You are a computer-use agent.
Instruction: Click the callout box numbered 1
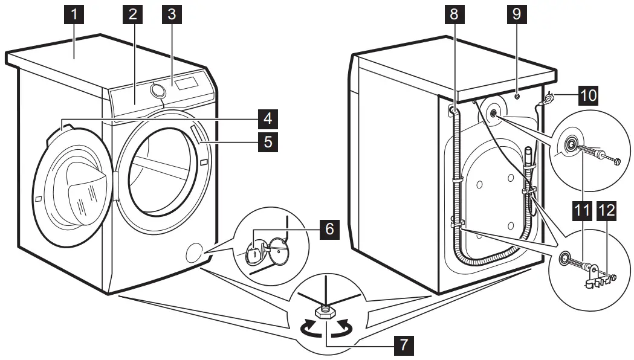pyautogui.click(x=74, y=14)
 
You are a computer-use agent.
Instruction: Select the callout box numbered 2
pyautogui.click(x=132, y=14)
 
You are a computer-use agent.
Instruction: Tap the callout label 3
pyautogui.click(x=172, y=14)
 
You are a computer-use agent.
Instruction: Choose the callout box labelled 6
pyautogui.click(x=328, y=230)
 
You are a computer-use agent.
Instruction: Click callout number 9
pyautogui.click(x=516, y=14)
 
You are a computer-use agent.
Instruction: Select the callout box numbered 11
pyautogui.click(x=583, y=211)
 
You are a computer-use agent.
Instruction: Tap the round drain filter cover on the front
pyautogui.click(x=195, y=252)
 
